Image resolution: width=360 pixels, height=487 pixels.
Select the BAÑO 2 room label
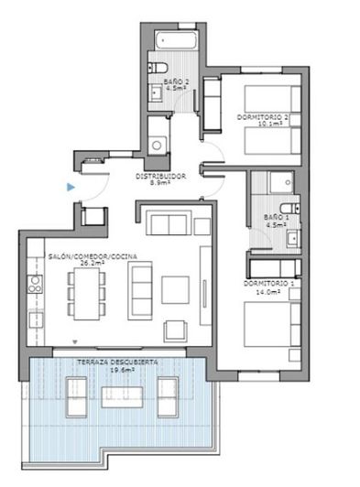[176, 82]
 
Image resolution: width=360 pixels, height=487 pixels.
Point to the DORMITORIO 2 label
[263, 117]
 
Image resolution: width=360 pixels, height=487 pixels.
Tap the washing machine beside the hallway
[158, 145]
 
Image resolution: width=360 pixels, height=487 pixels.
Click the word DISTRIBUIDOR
[161, 176]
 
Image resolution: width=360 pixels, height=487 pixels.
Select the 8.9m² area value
[161, 183]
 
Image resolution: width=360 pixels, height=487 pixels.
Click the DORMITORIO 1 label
[269, 284]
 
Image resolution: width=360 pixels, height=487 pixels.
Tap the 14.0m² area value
[269, 292]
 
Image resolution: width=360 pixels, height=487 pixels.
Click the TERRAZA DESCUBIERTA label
[118, 363]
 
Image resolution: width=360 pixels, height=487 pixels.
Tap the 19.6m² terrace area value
[118, 371]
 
